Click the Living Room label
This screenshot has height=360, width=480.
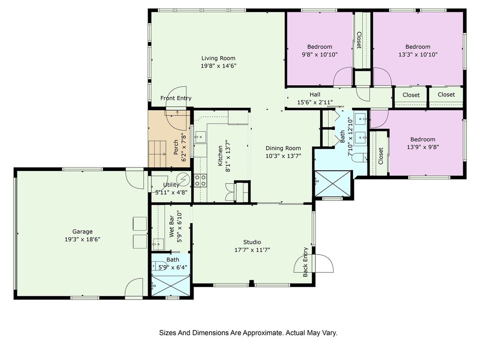point(218,58)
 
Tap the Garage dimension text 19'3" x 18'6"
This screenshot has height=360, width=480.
point(82,240)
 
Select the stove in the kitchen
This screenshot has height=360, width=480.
point(201,180)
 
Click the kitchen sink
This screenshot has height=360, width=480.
point(201,136)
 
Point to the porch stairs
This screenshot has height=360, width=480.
point(157,154)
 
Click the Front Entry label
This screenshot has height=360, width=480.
point(176,98)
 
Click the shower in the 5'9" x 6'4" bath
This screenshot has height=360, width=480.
point(171,285)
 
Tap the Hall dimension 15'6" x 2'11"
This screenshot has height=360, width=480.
point(315,102)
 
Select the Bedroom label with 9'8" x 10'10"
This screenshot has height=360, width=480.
point(320,47)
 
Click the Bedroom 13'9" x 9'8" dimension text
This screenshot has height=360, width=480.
point(423,147)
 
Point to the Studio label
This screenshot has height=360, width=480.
point(252,242)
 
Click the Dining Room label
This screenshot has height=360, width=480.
point(283,148)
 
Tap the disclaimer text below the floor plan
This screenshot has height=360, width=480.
point(248,333)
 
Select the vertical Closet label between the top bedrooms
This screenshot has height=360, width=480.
point(359,40)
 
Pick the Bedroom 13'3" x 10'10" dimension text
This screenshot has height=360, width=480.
point(418,55)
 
